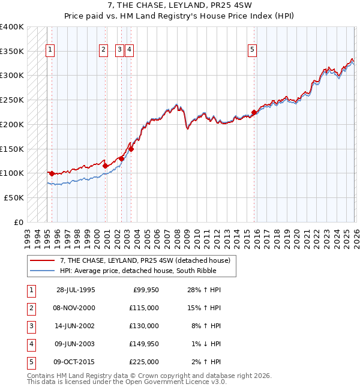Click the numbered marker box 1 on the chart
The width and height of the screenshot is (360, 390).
coord(50,50)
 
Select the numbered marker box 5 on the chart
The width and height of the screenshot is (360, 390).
coord(252,50)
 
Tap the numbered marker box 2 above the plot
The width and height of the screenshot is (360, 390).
coord(103,50)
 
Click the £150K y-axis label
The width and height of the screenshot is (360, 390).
coord(12,149)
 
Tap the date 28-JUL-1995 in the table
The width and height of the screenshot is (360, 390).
coord(76,290)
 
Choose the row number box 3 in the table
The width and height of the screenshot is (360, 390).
coord(30,326)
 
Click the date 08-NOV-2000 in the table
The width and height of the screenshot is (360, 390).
coord(76,308)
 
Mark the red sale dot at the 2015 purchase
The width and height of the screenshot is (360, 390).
coord(254,112)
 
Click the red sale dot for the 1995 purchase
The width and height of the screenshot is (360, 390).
coord(52,173)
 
